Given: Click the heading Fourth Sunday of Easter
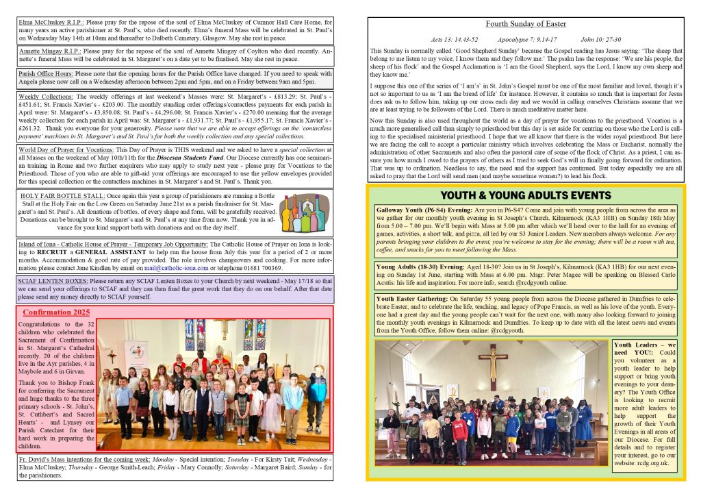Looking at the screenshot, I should point(526,24).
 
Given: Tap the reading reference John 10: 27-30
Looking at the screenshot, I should point(600,40).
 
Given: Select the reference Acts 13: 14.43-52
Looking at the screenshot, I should point(455,40).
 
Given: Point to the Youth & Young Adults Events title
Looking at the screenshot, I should point(525,195).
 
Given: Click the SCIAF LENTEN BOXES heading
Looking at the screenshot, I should point(53,281).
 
